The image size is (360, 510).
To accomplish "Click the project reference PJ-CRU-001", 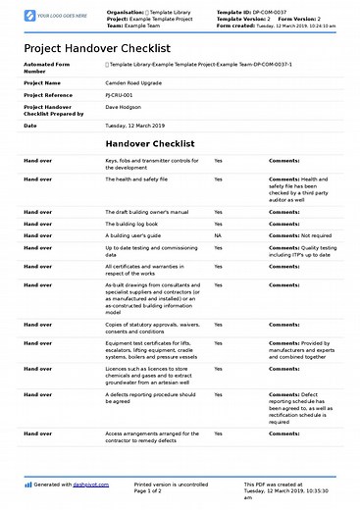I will [120, 95].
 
